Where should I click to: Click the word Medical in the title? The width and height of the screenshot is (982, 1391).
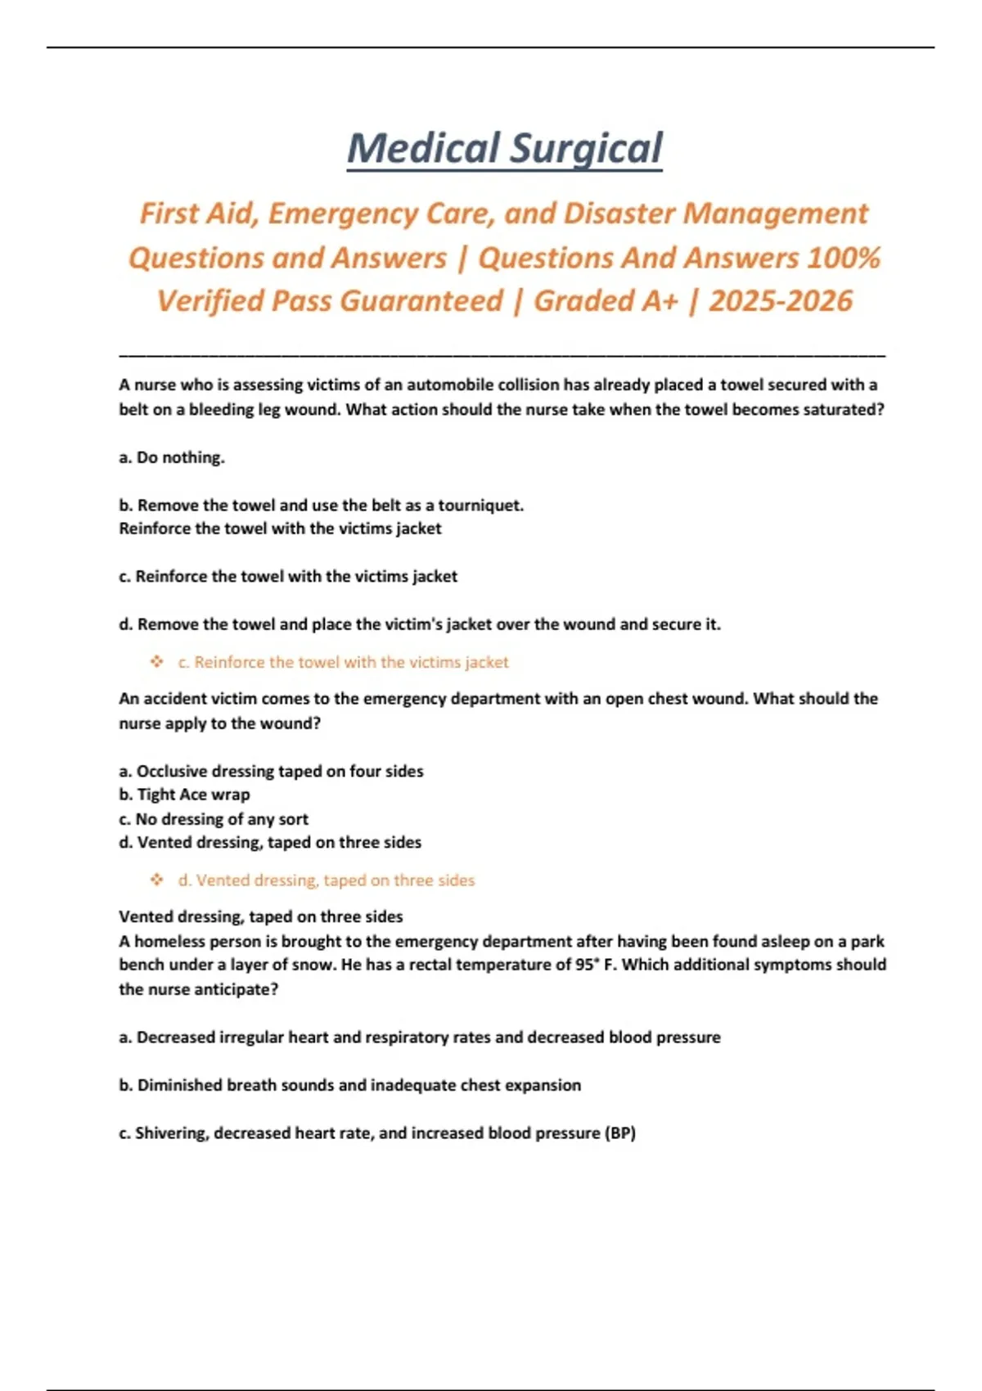(423, 149)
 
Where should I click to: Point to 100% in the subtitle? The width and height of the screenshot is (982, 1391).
(844, 258)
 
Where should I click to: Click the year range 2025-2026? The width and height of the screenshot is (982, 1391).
(781, 301)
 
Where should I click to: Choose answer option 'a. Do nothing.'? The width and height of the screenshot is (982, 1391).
(172, 457)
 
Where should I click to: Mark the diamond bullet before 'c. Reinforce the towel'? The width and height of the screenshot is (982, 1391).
(157, 661)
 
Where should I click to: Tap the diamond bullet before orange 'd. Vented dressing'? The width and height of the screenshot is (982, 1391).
(157, 880)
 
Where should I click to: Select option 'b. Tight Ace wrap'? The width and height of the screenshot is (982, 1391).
(185, 795)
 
